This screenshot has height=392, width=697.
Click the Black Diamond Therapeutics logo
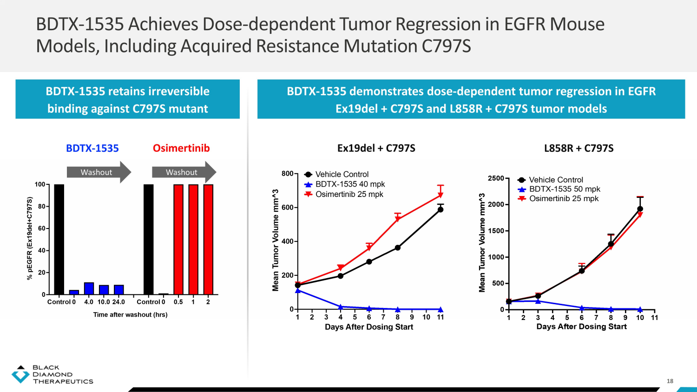[52, 374]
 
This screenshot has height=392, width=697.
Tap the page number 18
[670, 381]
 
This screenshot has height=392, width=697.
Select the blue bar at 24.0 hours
[118, 289]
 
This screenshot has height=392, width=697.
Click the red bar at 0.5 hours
[178, 239]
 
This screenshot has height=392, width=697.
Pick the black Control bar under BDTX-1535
[59, 239]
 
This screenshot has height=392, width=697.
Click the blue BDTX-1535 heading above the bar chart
[92, 148]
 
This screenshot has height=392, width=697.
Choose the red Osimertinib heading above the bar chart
[181, 148]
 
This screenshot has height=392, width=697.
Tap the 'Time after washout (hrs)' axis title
[130, 314]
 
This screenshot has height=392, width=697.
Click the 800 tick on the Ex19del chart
[287, 174]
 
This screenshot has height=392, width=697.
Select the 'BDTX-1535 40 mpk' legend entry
[350, 184]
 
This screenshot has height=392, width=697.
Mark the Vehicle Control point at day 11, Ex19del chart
[441, 209]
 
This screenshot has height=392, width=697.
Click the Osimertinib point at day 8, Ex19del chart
[398, 219]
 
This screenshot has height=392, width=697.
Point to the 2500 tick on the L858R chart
[496, 178]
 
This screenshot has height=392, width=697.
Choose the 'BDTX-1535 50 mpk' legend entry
[565, 189]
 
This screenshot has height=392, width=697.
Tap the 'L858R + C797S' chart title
[579, 148]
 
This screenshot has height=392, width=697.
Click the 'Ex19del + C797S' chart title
[376, 148]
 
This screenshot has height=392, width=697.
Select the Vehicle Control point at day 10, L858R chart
[640, 209]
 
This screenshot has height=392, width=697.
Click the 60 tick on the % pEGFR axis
[41, 229]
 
